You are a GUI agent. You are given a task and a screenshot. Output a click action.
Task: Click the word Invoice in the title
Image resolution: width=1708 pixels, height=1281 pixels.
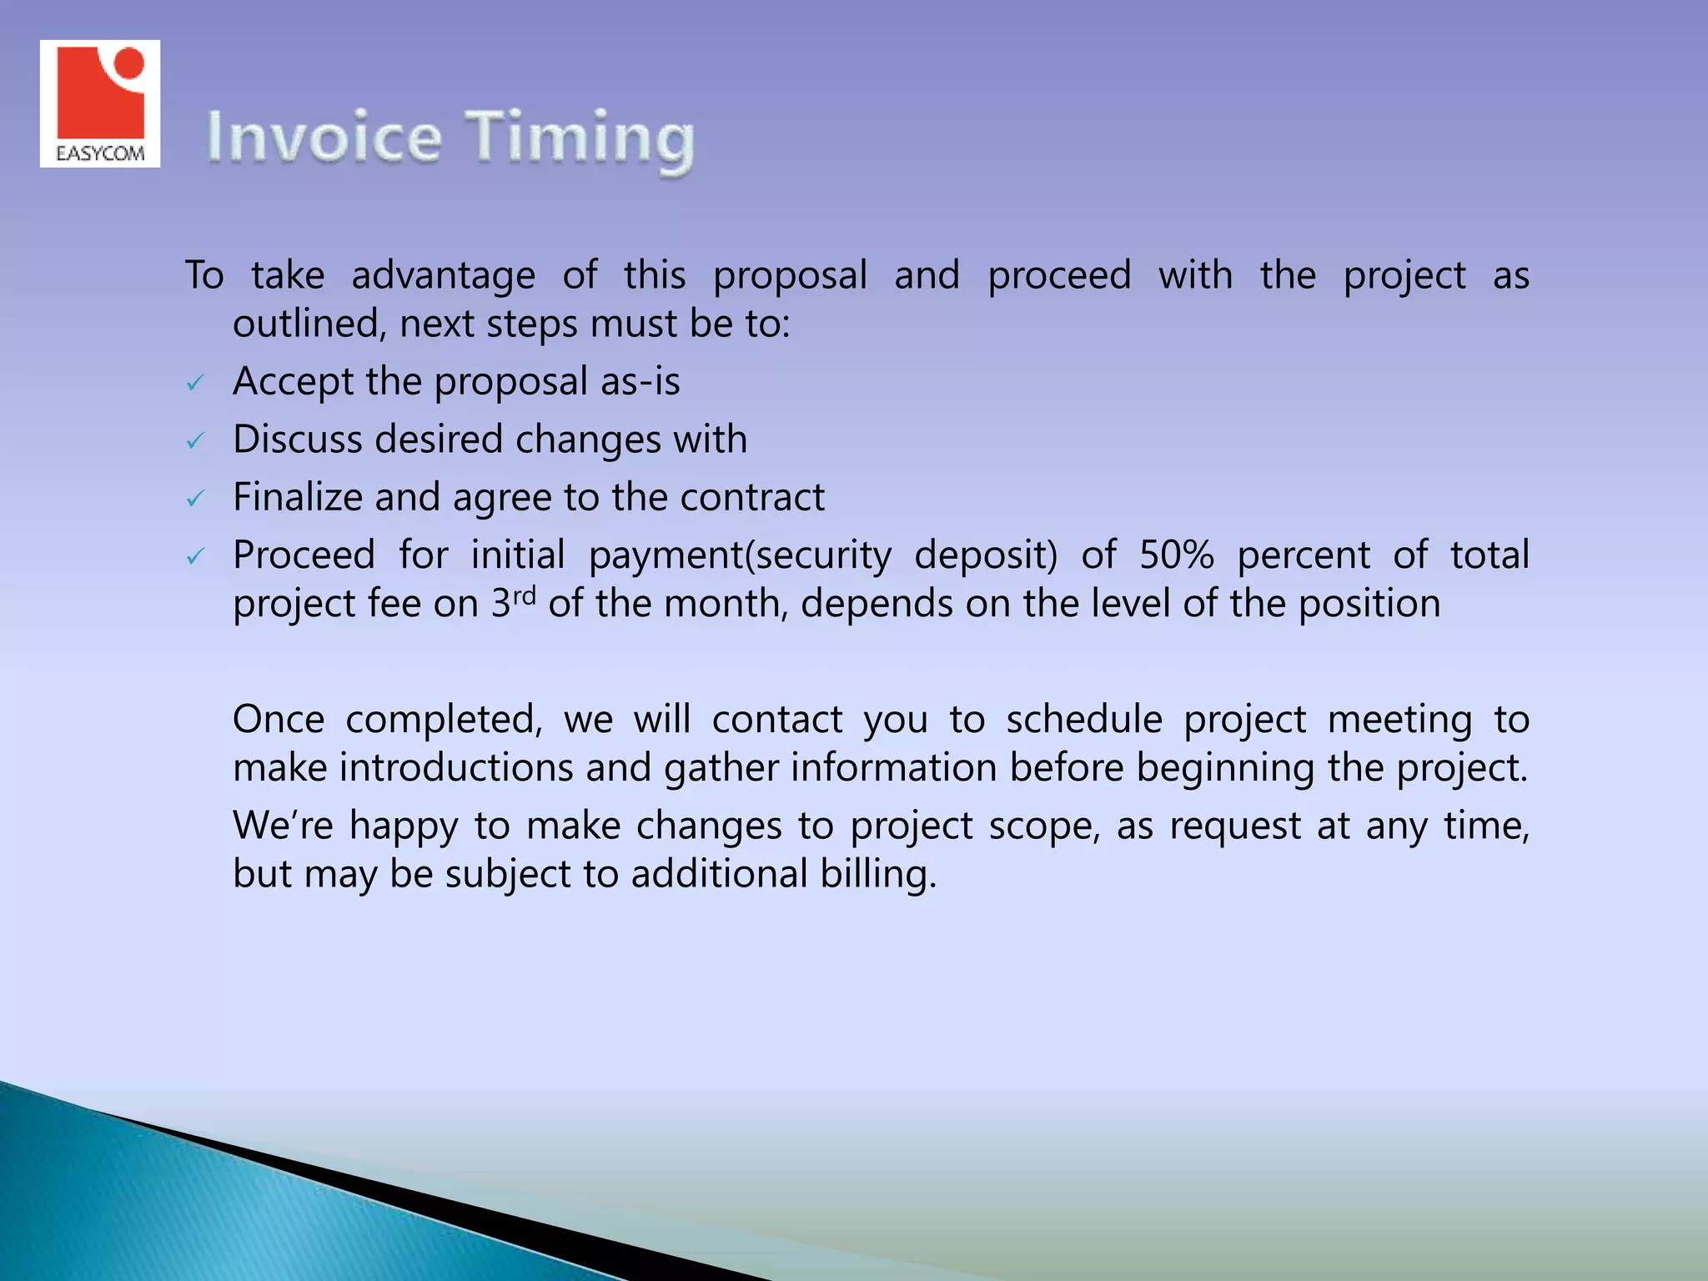[x=324, y=138]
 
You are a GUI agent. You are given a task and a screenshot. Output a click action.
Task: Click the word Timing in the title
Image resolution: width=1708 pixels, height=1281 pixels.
[x=579, y=139]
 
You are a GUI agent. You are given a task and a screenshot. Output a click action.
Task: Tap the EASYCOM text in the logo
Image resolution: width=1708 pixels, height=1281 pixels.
[x=100, y=153]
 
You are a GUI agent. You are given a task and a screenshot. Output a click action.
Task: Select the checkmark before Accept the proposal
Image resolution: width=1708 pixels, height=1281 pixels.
[x=195, y=384]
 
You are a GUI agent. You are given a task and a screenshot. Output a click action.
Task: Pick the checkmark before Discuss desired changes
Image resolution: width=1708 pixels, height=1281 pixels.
[x=195, y=441]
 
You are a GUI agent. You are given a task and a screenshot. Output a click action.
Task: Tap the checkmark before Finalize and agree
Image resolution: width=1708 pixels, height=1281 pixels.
[x=195, y=499]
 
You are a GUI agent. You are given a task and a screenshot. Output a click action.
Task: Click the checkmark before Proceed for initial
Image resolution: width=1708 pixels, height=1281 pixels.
[x=195, y=556]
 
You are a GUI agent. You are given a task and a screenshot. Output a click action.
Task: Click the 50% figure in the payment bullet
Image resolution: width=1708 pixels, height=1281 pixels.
[x=1176, y=555]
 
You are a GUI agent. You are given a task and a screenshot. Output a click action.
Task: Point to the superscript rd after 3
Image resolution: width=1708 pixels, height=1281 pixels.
[x=524, y=595]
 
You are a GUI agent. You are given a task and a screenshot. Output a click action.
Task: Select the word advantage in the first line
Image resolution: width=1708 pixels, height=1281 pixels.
[x=443, y=276]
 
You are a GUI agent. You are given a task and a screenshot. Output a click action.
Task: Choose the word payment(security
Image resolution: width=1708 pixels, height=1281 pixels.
[x=740, y=556]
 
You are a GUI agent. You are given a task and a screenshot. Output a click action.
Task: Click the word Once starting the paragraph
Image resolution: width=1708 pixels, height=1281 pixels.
[x=279, y=720]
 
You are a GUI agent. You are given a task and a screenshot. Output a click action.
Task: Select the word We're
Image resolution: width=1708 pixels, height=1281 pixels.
[x=283, y=826]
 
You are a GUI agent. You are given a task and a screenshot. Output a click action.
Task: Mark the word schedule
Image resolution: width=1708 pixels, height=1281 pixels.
[x=1083, y=720]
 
